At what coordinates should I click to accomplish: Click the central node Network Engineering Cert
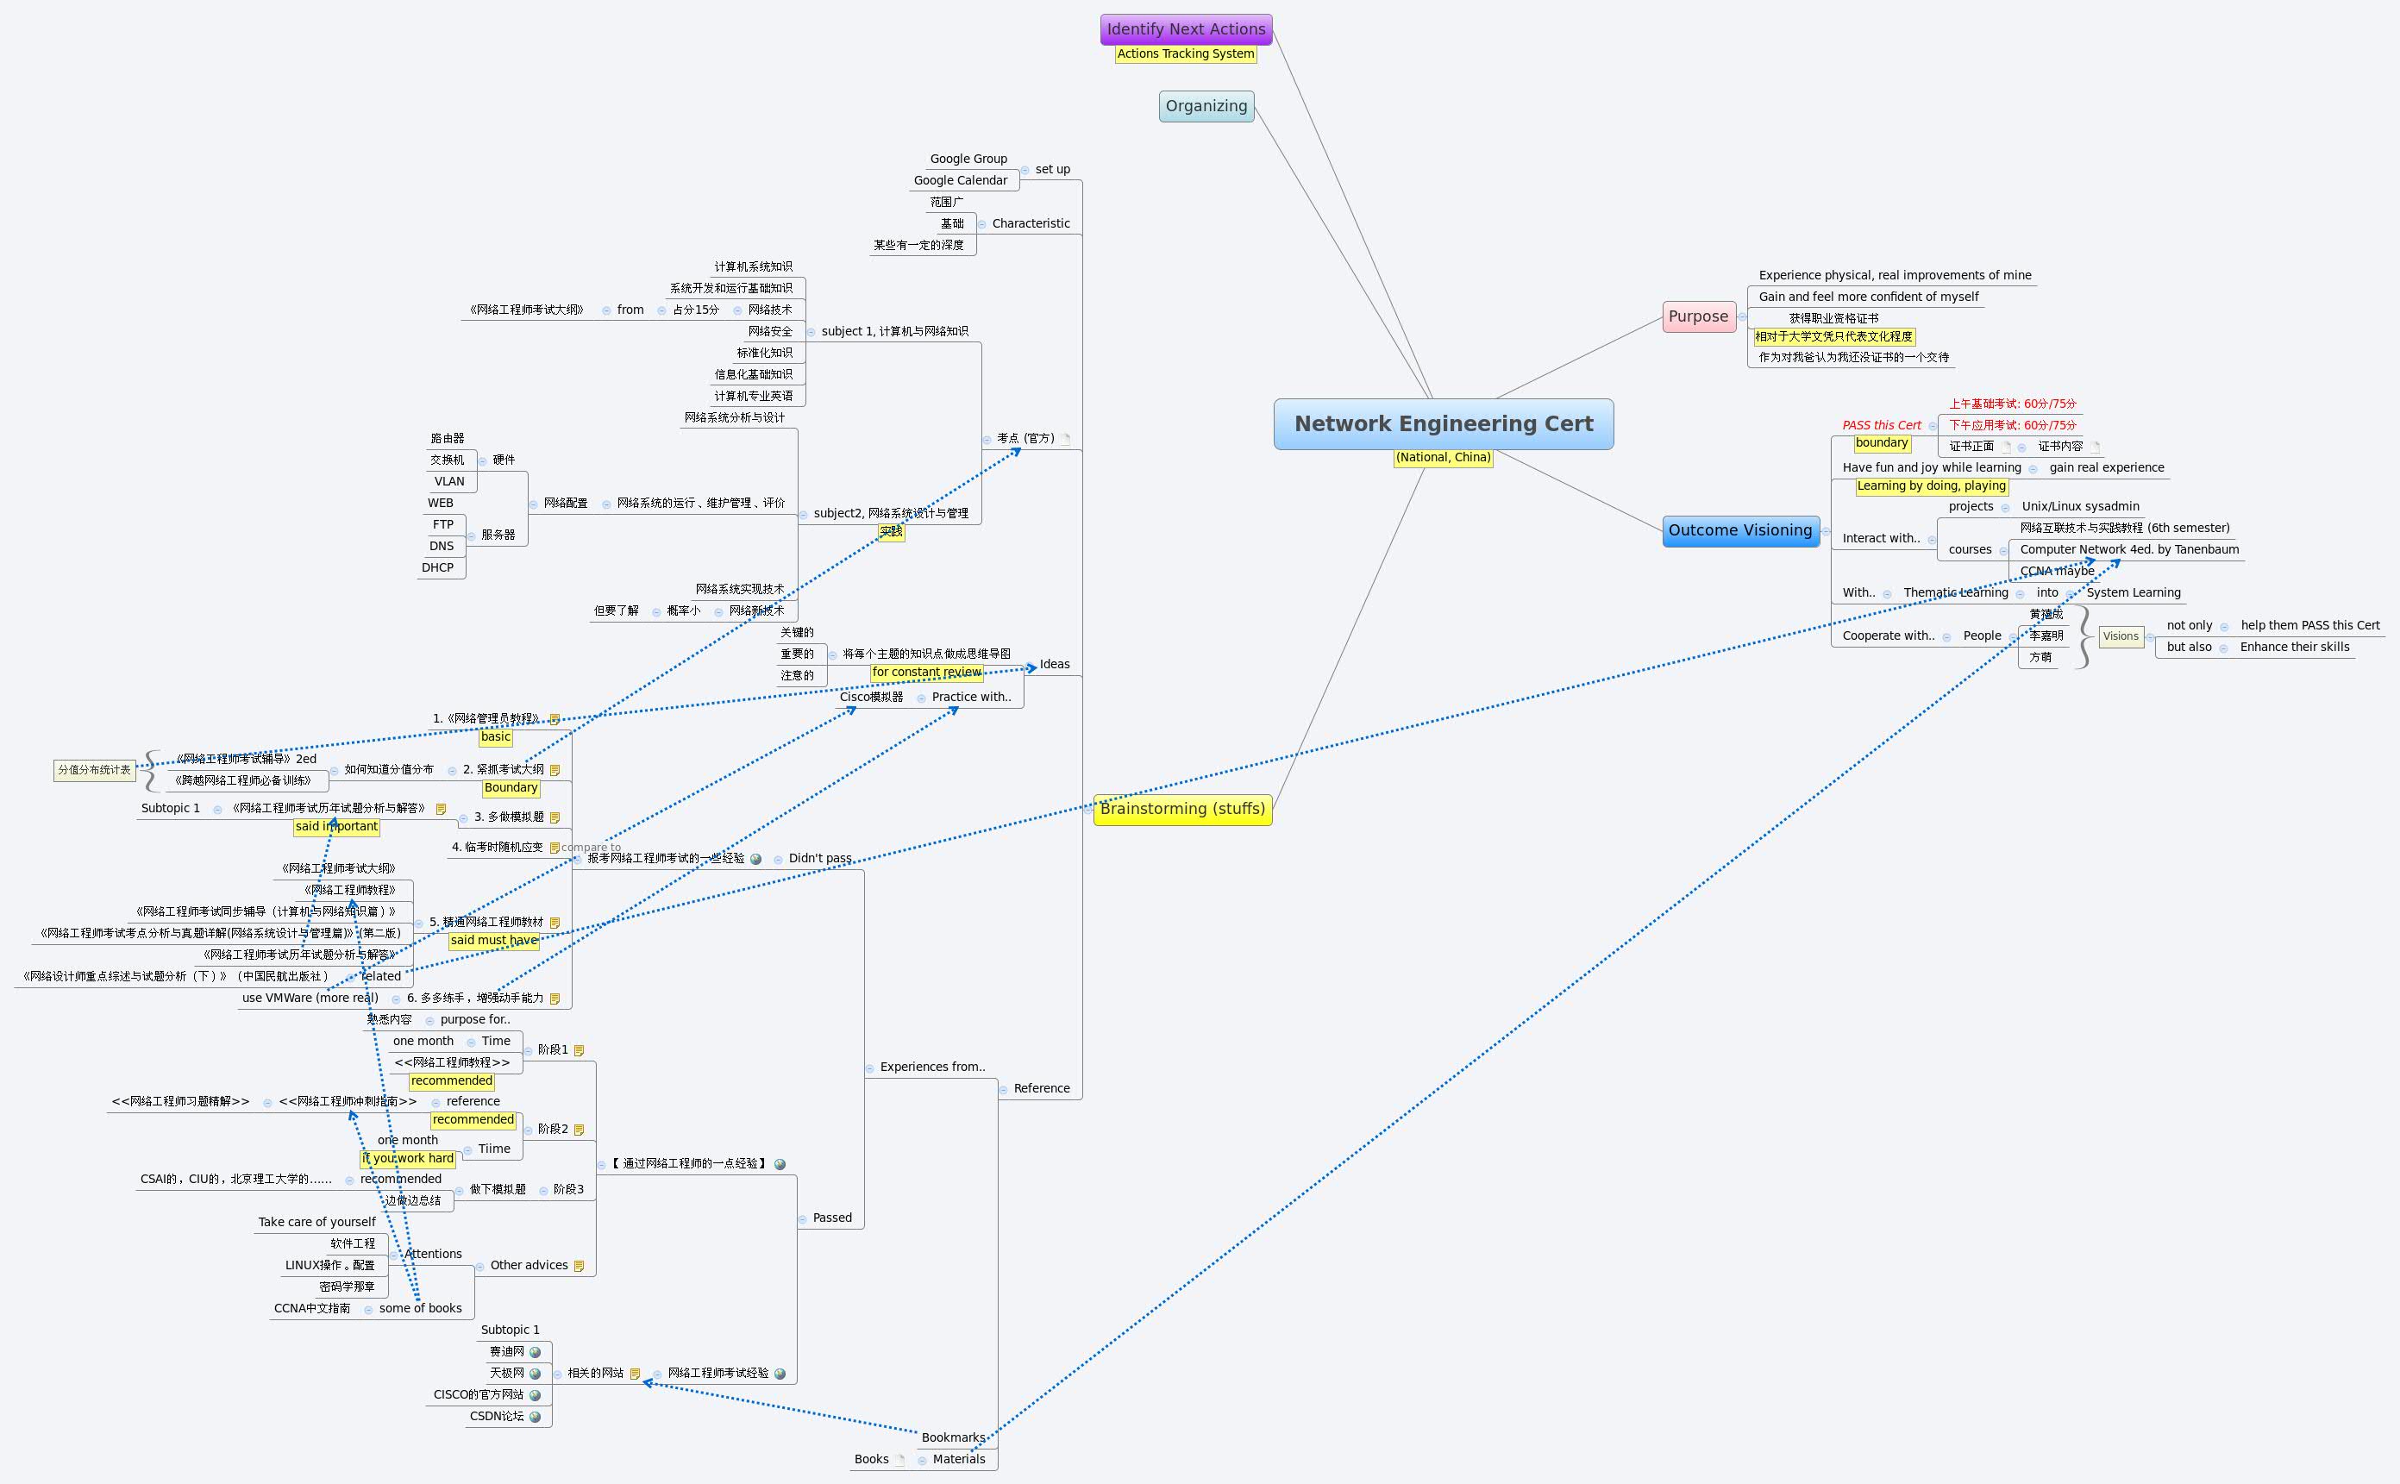(x=1443, y=424)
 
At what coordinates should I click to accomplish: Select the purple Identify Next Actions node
(x=1186, y=29)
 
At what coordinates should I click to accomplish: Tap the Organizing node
(x=1206, y=106)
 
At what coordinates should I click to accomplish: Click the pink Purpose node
(x=1698, y=316)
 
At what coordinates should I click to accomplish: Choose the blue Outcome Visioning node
(x=1739, y=530)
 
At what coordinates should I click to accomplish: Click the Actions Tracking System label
(x=1185, y=54)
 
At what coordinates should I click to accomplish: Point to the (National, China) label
(x=1443, y=457)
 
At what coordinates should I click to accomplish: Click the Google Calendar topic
(x=960, y=180)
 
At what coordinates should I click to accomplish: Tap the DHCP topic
(x=438, y=567)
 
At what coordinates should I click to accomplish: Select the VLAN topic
(x=449, y=481)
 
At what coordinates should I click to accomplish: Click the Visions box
(x=2121, y=636)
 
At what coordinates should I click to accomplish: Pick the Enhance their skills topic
(x=2294, y=647)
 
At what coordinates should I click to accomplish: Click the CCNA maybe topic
(x=2057, y=571)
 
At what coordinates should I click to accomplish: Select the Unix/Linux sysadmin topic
(x=2080, y=506)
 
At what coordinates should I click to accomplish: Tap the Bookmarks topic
(x=952, y=1437)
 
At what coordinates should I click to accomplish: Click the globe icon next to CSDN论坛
(x=535, y=1416)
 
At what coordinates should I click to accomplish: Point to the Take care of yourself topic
(x=316, y=1222)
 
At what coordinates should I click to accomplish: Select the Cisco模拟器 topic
(x=871, y=697)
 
